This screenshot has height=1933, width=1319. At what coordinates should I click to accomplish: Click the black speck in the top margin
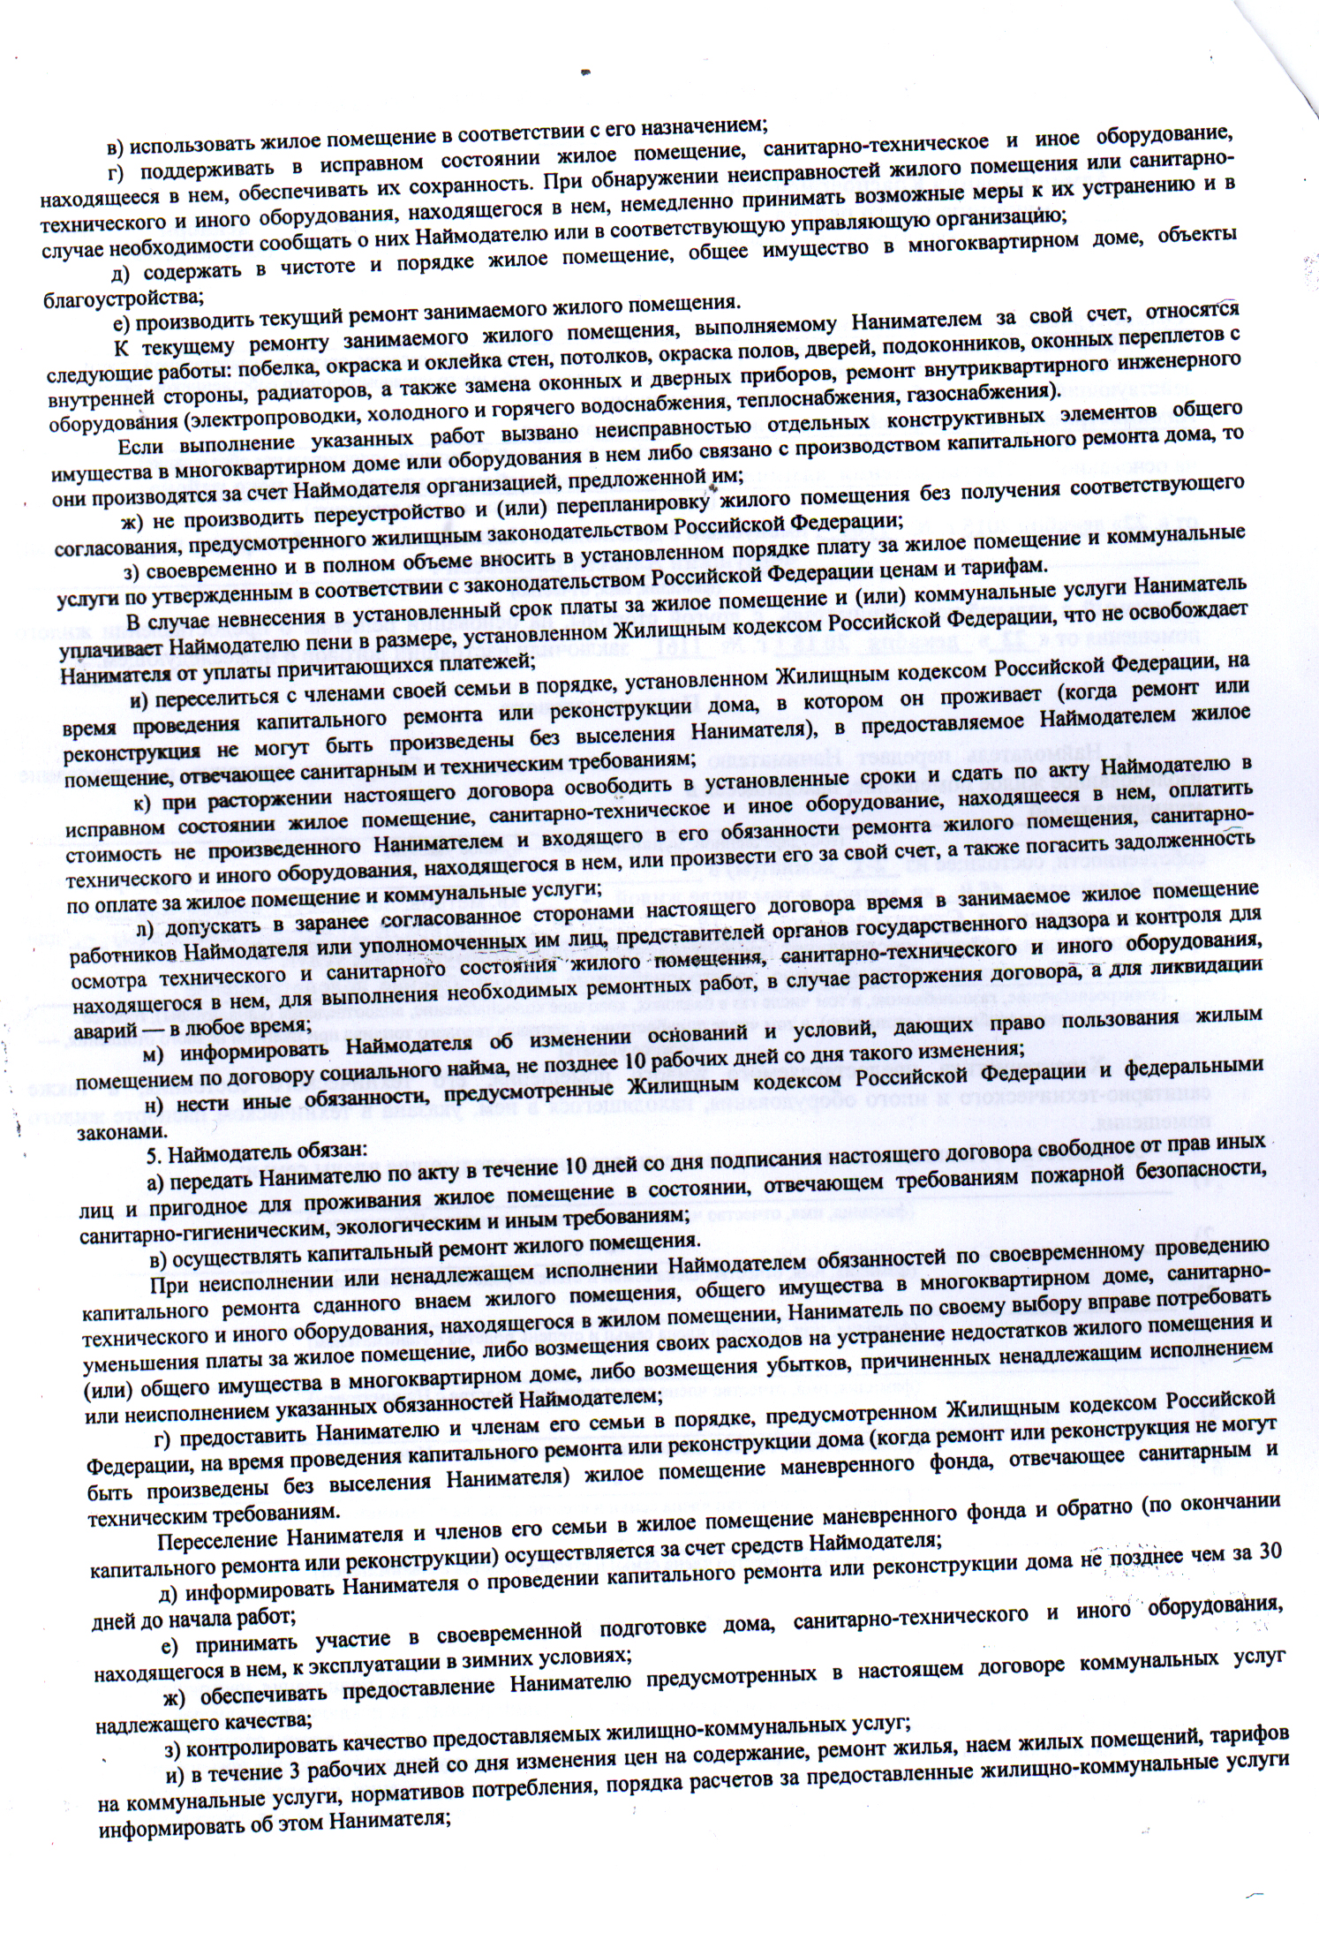click(x=584, y=72)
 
